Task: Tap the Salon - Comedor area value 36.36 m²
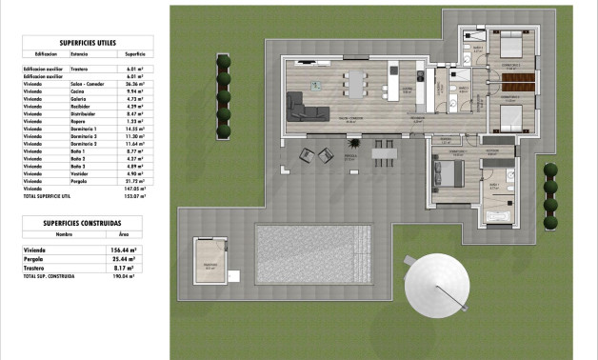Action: (134, 84)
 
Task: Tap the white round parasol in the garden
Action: (438, 283)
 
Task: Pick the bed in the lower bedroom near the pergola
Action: (446, 171)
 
